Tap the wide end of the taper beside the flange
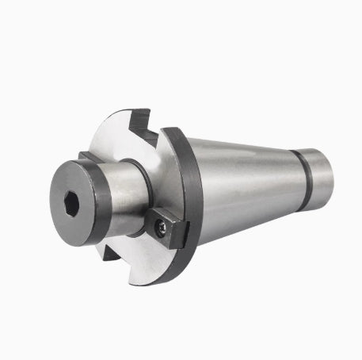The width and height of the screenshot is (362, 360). click(x=208, y=186)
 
